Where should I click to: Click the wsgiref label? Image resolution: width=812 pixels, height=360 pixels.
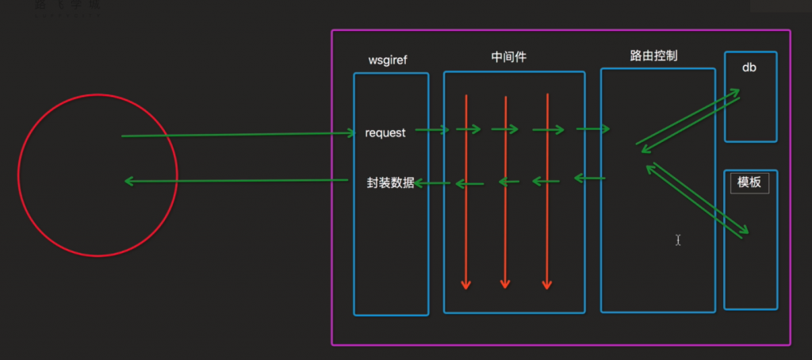point(388,60)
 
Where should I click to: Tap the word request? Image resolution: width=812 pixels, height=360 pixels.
point(385,132)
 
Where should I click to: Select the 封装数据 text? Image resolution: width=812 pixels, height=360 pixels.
point(390,182)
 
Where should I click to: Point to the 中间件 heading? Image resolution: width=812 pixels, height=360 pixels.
point(509,57)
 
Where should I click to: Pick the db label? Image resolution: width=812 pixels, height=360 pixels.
point(749,67)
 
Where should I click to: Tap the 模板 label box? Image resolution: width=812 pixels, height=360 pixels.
point(749,182)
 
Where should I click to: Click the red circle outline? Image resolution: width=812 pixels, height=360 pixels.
point(98,95)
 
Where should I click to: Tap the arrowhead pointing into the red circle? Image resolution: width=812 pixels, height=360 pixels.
point(128,182)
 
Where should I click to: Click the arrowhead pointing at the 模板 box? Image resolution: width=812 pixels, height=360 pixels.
point(745,232)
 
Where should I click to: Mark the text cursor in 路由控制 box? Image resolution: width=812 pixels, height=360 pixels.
point(678,239)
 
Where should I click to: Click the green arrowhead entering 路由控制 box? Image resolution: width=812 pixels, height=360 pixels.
point(606,128)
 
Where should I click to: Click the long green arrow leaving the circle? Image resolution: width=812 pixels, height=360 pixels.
point(238,135)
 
